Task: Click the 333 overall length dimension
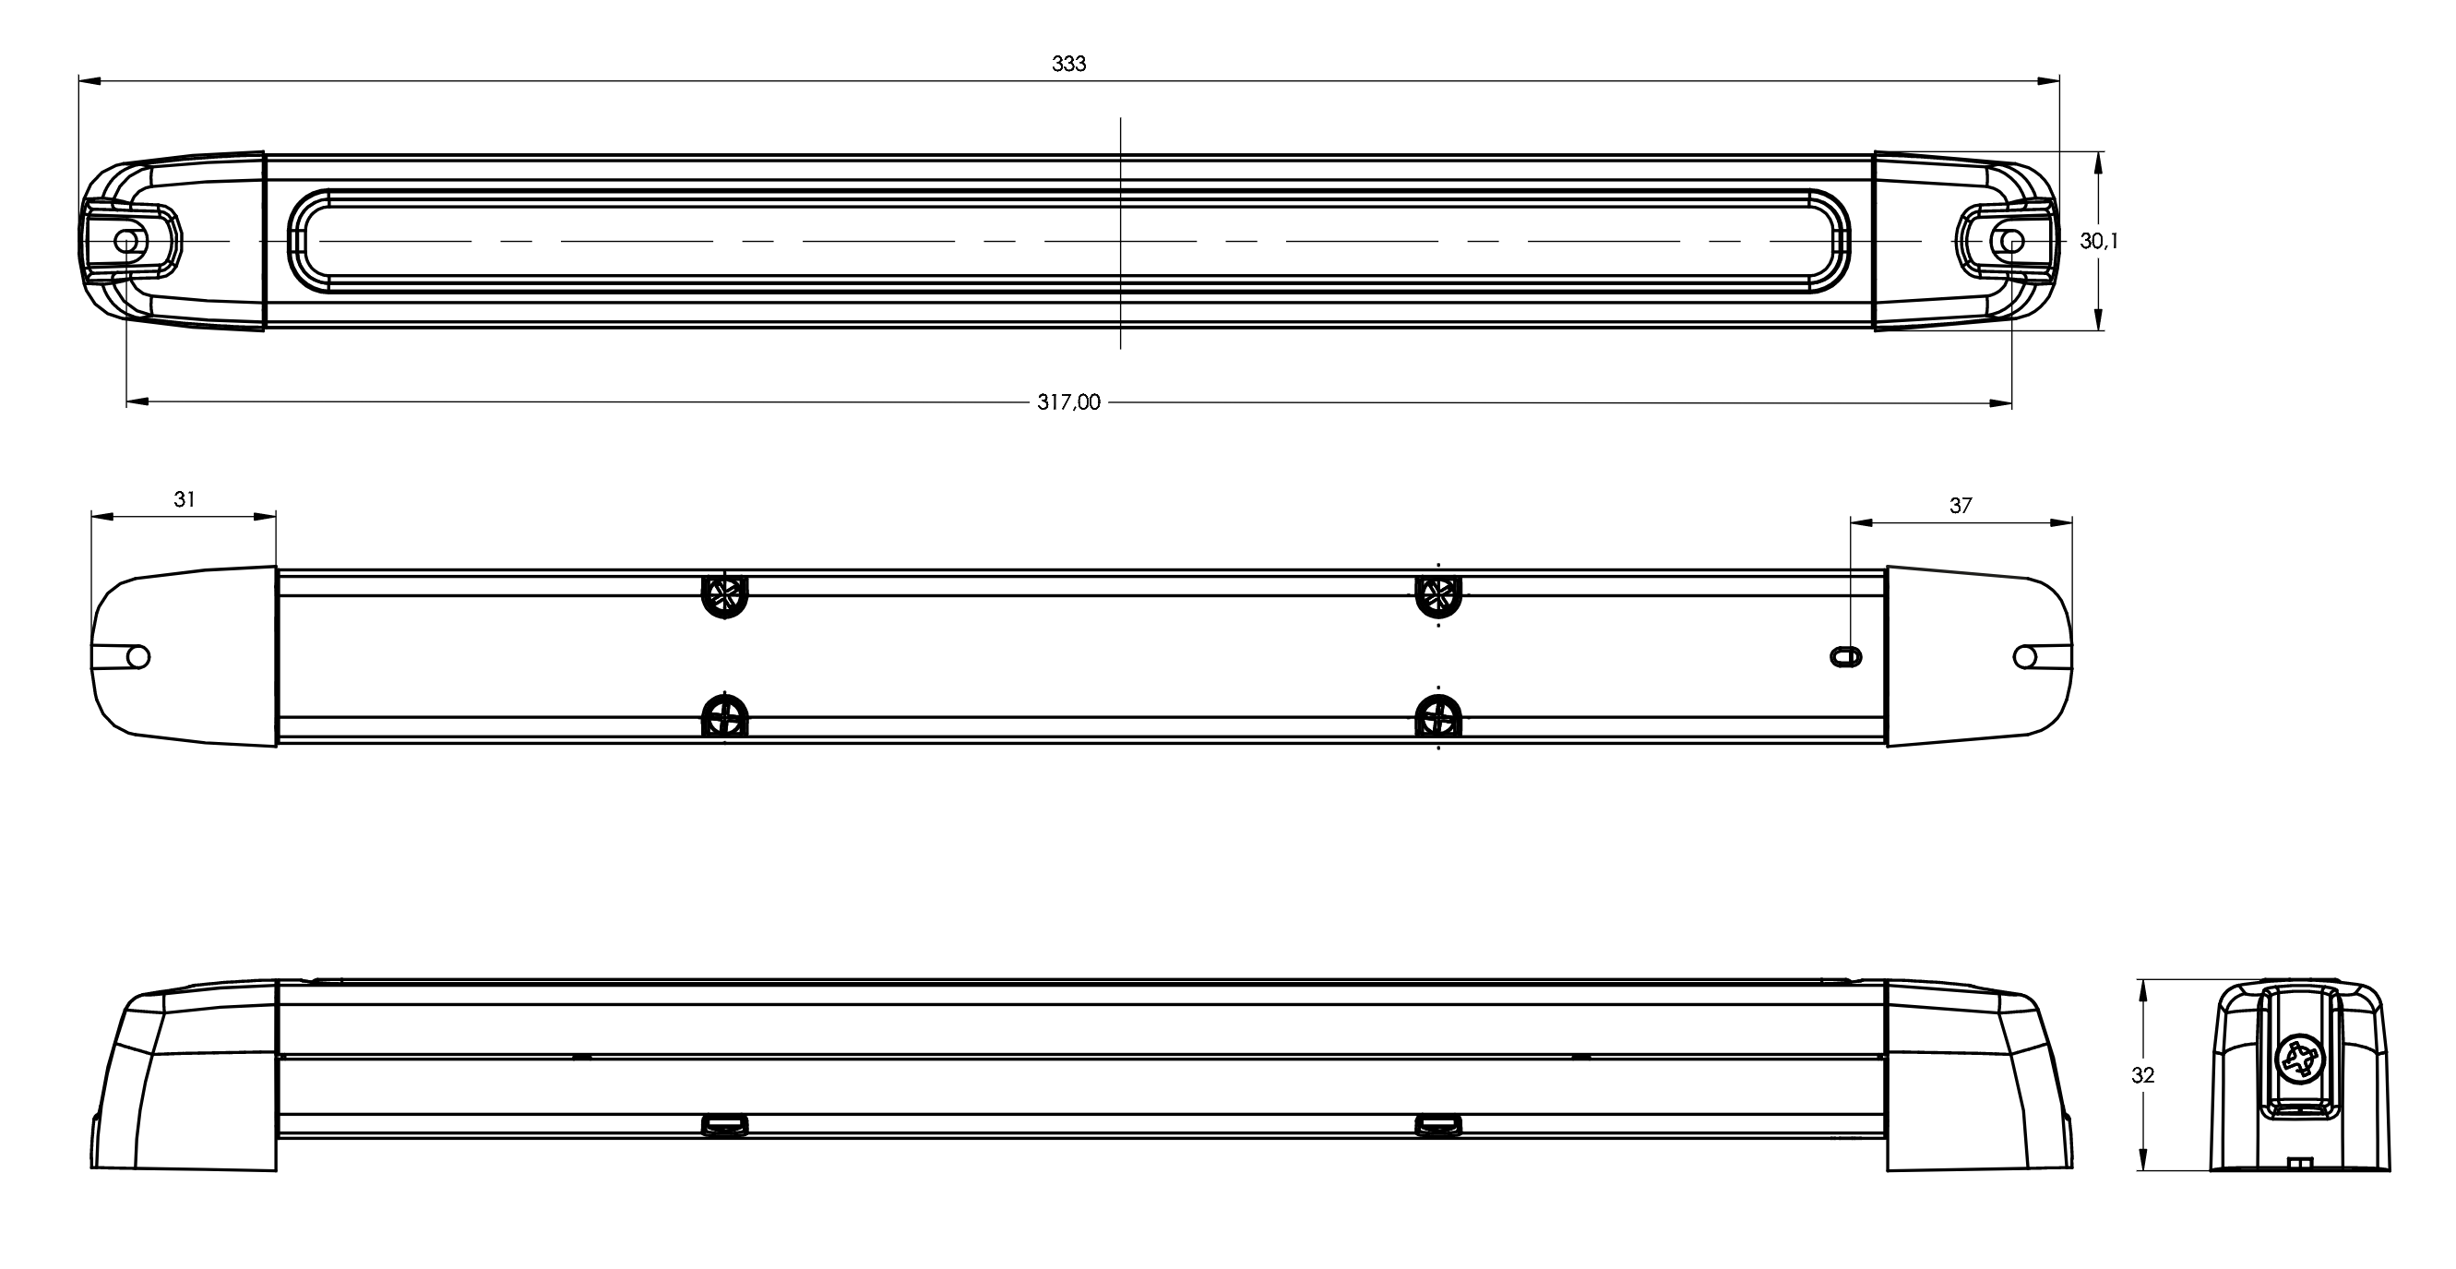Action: pos(1068,64)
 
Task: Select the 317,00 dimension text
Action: pos(1068,402)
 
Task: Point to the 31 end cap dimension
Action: pos(185,498)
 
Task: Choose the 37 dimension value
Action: pos(1961,506)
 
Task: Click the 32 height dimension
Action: pos(2143,1074)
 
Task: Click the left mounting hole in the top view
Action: pos(125,241)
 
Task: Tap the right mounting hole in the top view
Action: pos(2011,241)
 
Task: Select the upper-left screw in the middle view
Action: pos(724,596)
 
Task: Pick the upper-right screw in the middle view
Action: pos(1438,596)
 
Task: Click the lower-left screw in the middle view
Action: pos(724,715)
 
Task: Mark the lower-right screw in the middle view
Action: pos(1438,715)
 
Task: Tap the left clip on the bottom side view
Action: pos(724,1126)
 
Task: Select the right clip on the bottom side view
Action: pos(1438,1126)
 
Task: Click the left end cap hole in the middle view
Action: pos(138,656)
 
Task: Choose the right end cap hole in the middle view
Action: pos(2025,656)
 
